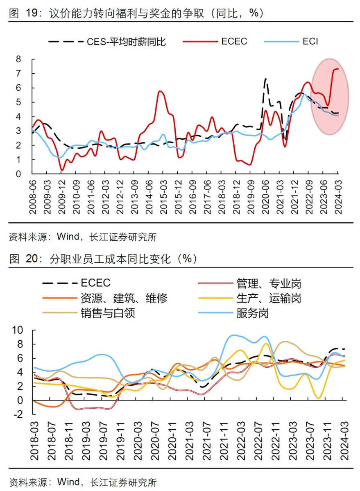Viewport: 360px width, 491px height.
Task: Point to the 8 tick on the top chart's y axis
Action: (18, 59)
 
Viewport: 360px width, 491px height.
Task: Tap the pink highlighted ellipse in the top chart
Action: (329, 97)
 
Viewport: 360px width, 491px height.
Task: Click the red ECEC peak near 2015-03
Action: (160, 91)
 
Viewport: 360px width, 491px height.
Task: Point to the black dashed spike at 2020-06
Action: (265, 79)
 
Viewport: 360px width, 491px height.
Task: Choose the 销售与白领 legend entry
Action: (107, 314)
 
